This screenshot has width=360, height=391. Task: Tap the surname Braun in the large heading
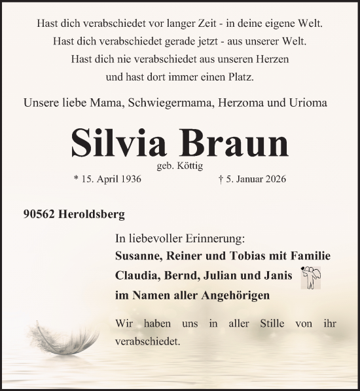[230, 141]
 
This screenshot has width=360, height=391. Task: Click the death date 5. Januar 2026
[253, 179]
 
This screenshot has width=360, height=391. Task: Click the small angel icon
[310, 278]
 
